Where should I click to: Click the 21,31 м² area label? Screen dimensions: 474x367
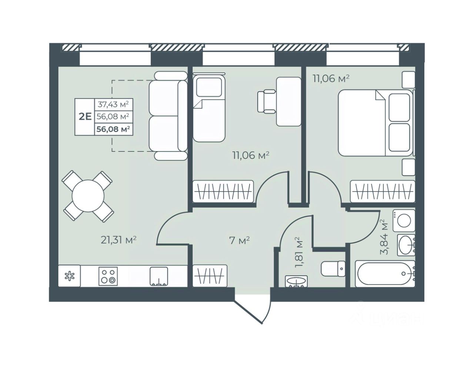118,240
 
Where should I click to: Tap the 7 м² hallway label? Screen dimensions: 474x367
239,241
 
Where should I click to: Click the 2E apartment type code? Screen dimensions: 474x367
85,117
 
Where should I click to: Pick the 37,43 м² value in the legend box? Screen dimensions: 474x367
113,104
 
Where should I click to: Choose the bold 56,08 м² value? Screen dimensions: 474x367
113,129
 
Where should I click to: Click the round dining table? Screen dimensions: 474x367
88,196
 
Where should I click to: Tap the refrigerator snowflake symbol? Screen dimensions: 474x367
69,276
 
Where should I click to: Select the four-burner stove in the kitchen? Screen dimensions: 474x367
108,276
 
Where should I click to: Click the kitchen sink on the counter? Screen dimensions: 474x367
158,276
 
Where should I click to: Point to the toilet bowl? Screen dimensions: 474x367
333,269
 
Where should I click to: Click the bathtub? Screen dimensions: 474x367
385,273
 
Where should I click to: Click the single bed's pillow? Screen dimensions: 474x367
209,87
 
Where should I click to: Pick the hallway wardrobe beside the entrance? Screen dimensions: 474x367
210,276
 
